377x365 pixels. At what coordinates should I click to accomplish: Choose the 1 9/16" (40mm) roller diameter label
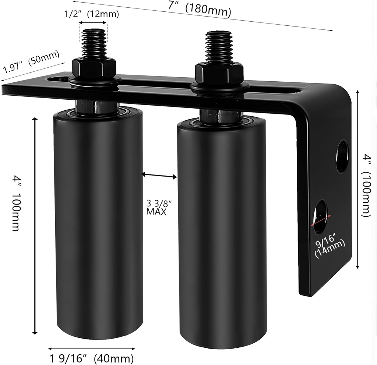91,358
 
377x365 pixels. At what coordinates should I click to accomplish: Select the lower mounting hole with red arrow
320,217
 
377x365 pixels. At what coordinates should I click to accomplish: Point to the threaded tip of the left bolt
94,42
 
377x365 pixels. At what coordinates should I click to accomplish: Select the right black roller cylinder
222,235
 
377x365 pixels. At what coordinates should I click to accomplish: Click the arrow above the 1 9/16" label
91,348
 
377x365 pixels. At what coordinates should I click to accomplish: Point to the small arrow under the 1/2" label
94,23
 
